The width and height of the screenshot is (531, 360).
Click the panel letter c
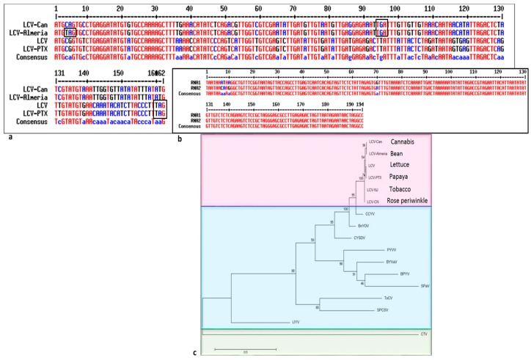pyautogui.click(x=194, y=353)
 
